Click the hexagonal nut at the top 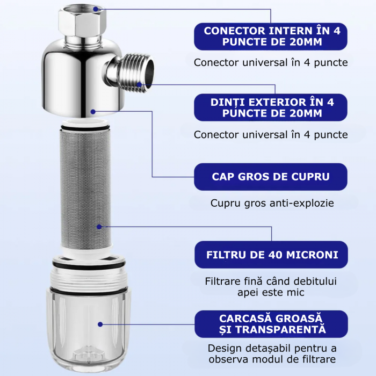click(x=82, y=20)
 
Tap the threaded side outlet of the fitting click(x=134, y=73)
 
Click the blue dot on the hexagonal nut click(x=96, y=9)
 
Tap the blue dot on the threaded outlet click(x=139, y=84)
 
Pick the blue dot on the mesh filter click(x=99, y=227)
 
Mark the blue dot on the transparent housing click(x=100, y=324)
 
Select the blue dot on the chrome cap click(x=93, y=112)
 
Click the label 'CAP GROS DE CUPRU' click(x=271, y=177)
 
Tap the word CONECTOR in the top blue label click(x=235, y=31)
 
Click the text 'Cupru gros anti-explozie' click(x=272, y=203)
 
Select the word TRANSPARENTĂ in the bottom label click(x=280, y=329)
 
